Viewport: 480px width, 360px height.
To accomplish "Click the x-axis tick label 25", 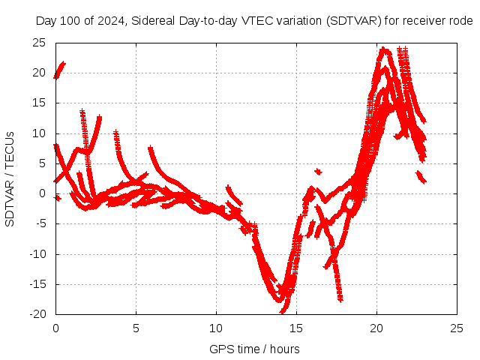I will click(457, 328).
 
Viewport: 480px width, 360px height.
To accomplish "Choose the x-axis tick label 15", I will click(296, 328).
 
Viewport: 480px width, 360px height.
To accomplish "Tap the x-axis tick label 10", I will click(216, 328).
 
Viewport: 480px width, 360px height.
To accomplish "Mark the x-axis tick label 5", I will click(136, 328).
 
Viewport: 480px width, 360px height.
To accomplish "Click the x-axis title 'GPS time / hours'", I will click(254, 349).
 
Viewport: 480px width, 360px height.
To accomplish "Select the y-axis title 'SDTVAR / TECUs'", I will click(10, 178).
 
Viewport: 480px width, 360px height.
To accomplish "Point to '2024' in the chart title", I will click(110, 21).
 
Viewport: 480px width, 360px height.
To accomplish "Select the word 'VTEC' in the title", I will click(256, 21).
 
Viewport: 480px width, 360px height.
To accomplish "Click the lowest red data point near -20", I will click(283, 310).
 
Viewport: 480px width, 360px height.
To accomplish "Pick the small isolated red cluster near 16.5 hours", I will click(318, 172).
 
